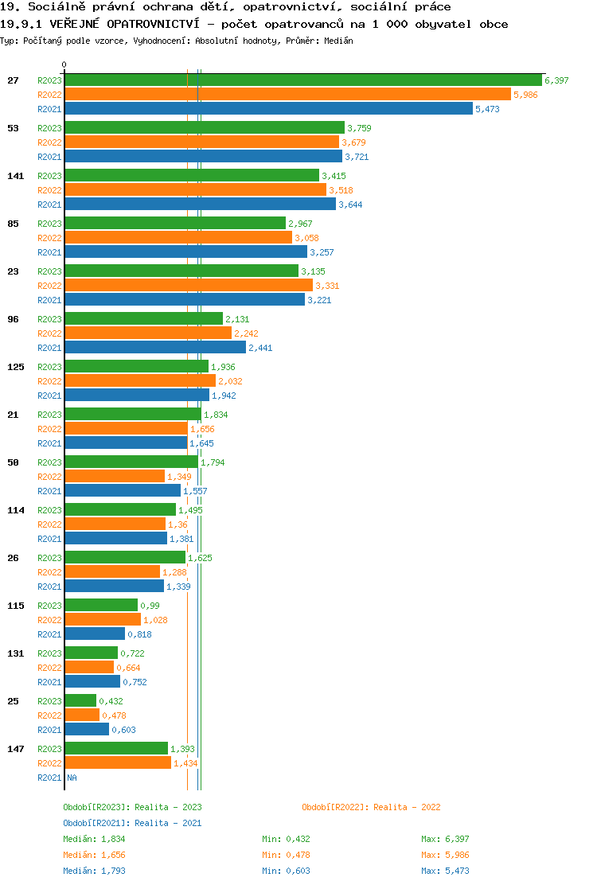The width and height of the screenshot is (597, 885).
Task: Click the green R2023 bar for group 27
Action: (x=302, y=80)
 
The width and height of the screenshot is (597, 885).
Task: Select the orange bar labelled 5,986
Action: (x=287, y=95)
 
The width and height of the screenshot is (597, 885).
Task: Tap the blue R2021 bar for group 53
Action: (x=203, y=157)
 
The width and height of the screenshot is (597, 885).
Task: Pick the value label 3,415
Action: (x=334, y=176)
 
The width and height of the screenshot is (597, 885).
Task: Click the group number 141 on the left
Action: (x=15, y=176)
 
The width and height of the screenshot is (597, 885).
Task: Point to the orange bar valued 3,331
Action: (x=188, y=286)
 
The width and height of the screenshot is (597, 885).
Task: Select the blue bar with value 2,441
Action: (x=155, y=348)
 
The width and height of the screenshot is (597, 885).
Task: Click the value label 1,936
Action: (x=223, y=367)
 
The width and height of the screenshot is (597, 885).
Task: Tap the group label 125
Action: (x=15, y=367)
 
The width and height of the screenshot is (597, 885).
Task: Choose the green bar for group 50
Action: (x=131, y=462)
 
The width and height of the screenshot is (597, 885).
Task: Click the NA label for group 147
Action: (x=72, y=778)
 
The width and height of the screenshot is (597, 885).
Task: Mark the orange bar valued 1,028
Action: (x=103, y=620)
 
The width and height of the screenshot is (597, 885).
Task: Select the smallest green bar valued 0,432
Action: (x=80, y=701)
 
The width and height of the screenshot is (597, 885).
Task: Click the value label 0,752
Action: (x=135, y=682)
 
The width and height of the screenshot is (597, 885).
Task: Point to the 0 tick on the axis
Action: (x=64, y=64)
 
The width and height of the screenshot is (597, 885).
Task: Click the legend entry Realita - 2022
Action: (x=371, y=807)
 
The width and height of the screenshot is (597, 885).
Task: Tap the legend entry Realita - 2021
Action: (x=132, y=823)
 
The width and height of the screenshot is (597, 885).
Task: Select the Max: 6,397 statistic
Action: (x=445, y=839)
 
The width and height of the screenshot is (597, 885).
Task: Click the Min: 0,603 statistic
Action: (x=286, y=871)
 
